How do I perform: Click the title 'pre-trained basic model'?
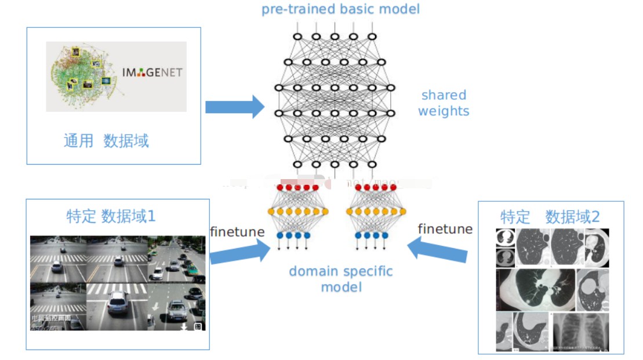tap(340, 9)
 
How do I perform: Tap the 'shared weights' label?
tap(444, 103)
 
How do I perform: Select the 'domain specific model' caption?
tap(340, 279)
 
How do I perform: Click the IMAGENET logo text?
tap(152, 73)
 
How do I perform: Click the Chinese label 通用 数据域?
tap(106, 141)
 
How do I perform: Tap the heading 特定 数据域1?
tap(111, 217)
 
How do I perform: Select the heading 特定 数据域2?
tap(550, 217)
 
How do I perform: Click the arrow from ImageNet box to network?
tap(234, 107)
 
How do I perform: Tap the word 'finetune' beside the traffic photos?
tap(237, 232)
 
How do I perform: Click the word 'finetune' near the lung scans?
tap(445, 229)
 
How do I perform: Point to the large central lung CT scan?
tap(536, 290)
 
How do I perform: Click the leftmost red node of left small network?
tap(279, 188)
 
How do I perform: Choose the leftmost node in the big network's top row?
tap(297, 37)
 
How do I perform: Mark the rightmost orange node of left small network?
tap(325, 212)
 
